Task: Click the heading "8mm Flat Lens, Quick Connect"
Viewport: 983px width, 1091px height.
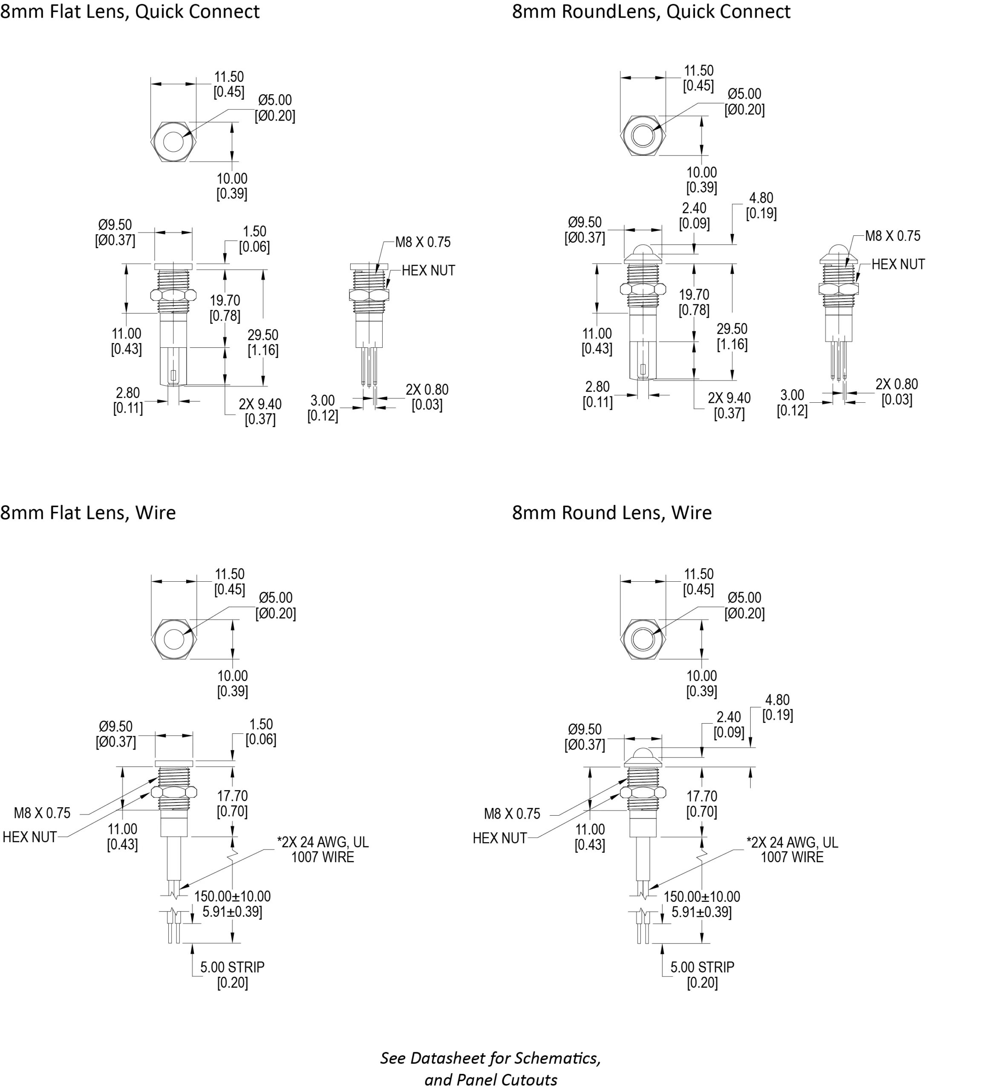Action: (130, 12)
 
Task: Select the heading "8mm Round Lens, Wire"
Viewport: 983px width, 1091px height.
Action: (611, 513)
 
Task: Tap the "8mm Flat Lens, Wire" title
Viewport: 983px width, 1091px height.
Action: (88, 513)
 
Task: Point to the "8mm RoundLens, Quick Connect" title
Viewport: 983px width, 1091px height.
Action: (651, 12)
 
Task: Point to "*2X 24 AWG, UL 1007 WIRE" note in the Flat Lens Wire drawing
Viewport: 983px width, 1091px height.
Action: (323, 850)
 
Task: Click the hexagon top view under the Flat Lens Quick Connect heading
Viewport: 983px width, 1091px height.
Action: (173, 142)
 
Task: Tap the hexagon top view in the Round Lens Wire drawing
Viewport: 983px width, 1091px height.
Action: (642, 640)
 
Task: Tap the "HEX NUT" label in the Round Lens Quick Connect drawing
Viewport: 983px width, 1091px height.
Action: (898, 264)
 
